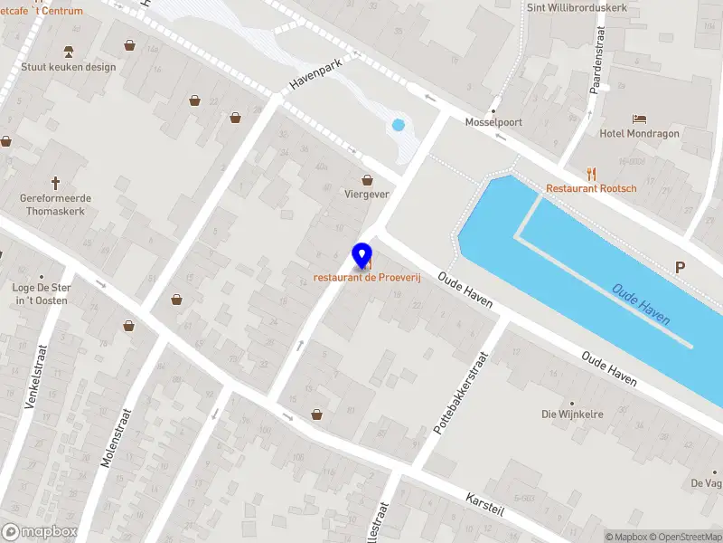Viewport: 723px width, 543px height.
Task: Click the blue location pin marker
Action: [x=363, y=255]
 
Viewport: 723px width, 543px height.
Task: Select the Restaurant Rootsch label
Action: [x=591, y=188]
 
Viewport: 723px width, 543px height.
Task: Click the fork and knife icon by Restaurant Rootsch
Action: [x=592, y=173]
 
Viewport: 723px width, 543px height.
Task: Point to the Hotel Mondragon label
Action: [x=640, y=133]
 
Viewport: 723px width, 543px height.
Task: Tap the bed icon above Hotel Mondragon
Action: [x=640, y=119]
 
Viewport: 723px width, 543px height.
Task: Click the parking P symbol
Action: [x=680, y=267]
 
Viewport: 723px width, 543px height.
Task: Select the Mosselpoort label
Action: [x=493, y=122]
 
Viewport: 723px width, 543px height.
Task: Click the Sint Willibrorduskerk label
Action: [x=564, y=7]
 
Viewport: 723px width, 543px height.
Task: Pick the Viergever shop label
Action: [x=366, y=194]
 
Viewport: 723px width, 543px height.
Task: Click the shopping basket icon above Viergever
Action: [x=367, y=179]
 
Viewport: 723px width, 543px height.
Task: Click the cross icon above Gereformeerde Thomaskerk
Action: [x=56, y=183]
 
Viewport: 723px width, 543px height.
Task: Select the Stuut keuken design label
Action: [x=69, y=66]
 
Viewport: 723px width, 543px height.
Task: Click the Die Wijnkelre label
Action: [x=571, y=414]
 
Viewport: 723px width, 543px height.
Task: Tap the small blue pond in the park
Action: [x=397, y=124]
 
